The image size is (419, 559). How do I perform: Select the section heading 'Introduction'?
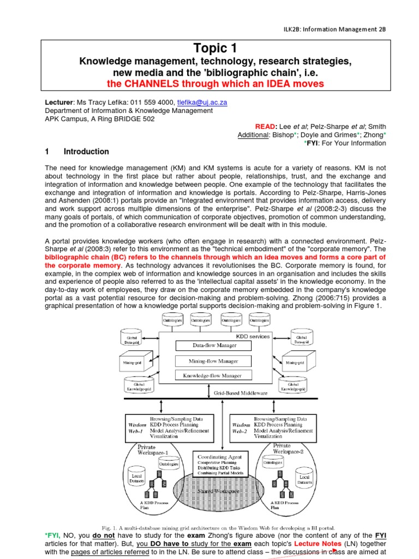[86, 152]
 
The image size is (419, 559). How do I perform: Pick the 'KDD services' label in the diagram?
[252, 336]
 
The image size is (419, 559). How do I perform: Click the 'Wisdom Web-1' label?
[136, 427]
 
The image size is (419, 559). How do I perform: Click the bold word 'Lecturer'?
[58, 102]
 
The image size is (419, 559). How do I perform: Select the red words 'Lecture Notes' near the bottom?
[318, 544]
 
